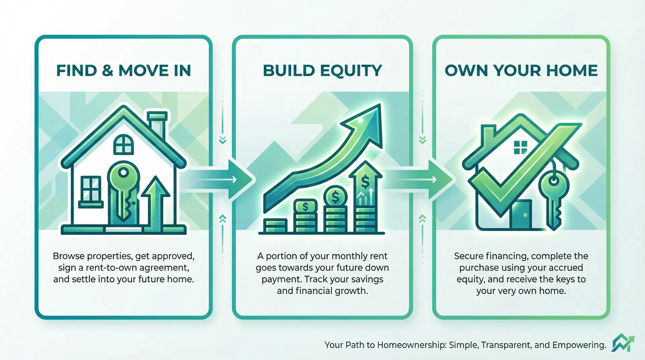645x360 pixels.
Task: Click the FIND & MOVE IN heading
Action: pos(123,71)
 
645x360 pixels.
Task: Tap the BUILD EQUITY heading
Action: pos(322,71)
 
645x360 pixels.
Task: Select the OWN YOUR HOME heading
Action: pos(521,71)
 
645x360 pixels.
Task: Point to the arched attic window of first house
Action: pos(123,144)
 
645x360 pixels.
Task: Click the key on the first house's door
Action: pos(123,188)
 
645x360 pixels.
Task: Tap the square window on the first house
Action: pos(91,189)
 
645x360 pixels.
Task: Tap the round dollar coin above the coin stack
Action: pos(335,196)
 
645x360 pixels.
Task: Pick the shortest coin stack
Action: pos(275,226)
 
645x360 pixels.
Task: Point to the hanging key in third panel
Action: pos(554,198)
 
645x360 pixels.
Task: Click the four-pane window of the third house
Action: pos(520,147)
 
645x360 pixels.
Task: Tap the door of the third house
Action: pos(520,215)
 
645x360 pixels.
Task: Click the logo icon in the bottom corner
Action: pos(622,343)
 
